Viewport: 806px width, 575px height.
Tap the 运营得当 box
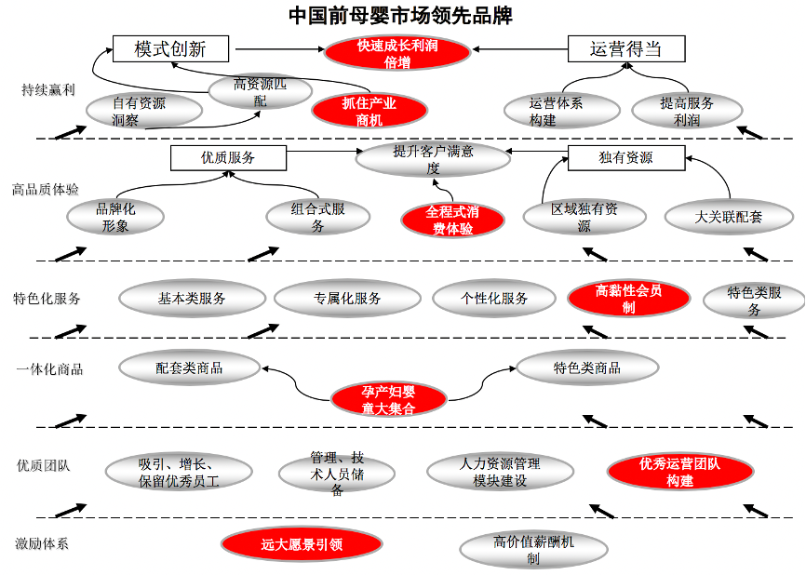[625, 49]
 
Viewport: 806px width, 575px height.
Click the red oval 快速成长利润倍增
[396, 54]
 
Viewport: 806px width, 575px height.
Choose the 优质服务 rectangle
[228, 158]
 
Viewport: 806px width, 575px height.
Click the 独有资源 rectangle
[625, 158]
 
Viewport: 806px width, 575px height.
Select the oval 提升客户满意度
[433, 159]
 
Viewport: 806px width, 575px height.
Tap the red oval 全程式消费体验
[452, 220]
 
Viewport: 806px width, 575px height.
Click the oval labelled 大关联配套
[729, 217]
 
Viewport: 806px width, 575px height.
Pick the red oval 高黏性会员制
[629, 299]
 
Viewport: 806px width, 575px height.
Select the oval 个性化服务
[494, 299]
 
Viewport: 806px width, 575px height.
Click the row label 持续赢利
[48, 89]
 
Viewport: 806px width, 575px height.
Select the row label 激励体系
[42, 543]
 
